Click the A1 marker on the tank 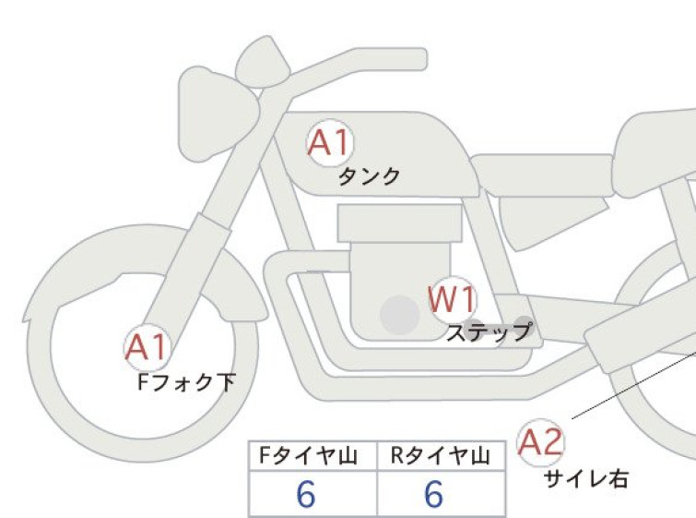click(x=330, y=143)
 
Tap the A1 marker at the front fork click(x=147, y=347)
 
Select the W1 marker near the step click(x=453, y=299)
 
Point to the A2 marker click(x=541, y=442)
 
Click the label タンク click(x=370, y=176)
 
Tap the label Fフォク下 click(x=186, y=382)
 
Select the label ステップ click(x=489, y=332)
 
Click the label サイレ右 click(x=586, y=479)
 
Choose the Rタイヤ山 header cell click(x=441, y=456)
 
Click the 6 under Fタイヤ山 click(x=306, y=494)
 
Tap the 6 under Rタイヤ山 click(x=433, y=494)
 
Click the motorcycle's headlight click(x=218, y=114)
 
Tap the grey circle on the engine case click(x=400, y=315)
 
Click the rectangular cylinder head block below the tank click(x=399, y=223)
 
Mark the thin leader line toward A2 click(x=634, y=385)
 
